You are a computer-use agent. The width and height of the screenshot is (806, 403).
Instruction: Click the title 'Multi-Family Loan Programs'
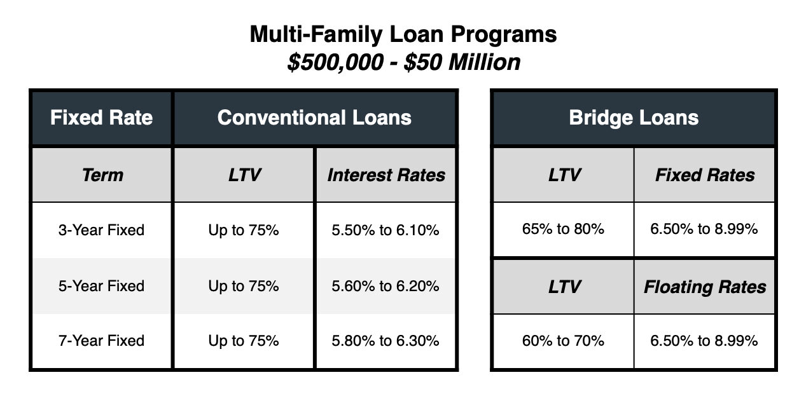point(403,35)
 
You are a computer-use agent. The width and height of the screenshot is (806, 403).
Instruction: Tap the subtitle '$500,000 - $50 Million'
point(404,62)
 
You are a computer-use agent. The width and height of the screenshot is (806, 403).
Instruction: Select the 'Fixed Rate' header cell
point(102,118)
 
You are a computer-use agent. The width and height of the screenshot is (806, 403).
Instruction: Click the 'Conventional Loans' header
point(314,118)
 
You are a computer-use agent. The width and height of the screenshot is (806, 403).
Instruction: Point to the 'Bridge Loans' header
point(634,118)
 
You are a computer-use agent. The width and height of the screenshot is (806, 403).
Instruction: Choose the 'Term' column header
point(102,175)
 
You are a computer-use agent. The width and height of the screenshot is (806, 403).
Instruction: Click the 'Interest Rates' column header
point(386,175)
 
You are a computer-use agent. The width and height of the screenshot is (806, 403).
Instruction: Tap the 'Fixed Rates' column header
point(705,175)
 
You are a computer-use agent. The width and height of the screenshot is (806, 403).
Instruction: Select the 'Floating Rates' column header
point(705,287)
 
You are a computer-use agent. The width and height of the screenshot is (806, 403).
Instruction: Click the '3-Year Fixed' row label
point(102,230)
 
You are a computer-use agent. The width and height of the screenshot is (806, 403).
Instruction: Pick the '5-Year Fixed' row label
point(102,286)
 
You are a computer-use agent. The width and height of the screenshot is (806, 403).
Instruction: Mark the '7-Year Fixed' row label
point(102,341)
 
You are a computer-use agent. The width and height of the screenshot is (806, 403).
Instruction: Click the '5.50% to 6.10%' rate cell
point(386,230)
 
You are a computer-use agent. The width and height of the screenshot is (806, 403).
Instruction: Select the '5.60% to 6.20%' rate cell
point(386,286)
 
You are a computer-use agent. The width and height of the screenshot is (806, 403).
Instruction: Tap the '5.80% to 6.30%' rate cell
point(386,341)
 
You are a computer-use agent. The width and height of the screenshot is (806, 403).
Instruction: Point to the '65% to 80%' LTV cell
point(563,229)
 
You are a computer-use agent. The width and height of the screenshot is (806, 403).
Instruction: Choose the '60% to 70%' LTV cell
point(563,341)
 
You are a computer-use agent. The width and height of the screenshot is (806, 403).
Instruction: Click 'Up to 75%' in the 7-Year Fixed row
point(244,341)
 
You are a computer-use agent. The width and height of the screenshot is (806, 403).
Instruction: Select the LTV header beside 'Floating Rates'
point(564,287)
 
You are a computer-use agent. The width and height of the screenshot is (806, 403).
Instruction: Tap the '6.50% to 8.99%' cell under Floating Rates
point(704,341)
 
